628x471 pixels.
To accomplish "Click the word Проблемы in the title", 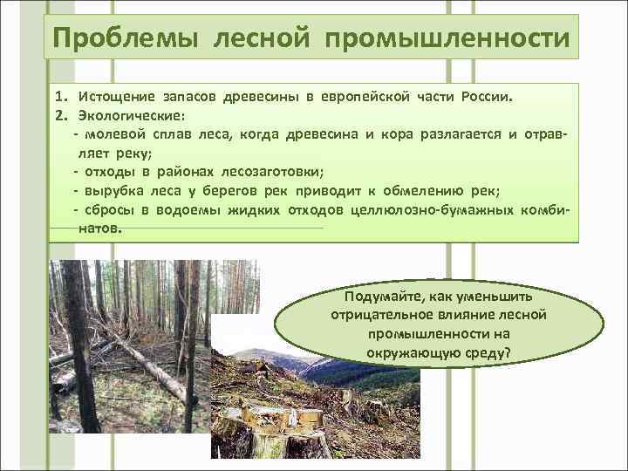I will (107, 39).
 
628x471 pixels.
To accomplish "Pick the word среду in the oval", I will (491, 352).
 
